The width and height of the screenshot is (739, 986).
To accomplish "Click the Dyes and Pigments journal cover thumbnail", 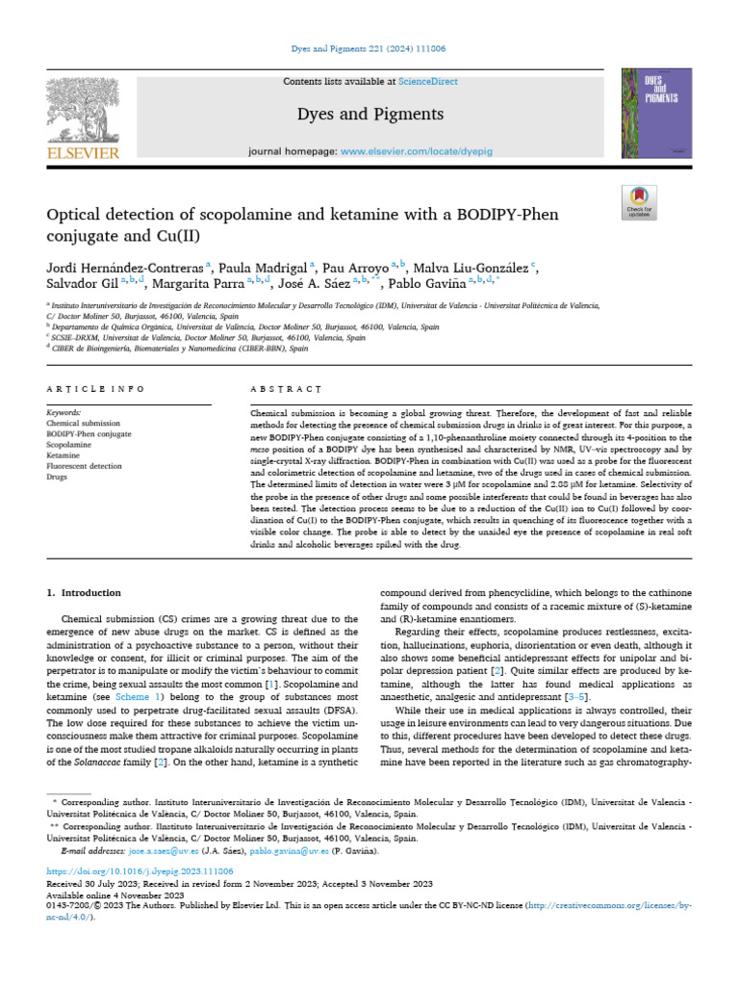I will point(658,112).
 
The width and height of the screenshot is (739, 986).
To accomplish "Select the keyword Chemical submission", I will point(84,423).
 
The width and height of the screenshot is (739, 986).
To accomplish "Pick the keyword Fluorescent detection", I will point(85,466).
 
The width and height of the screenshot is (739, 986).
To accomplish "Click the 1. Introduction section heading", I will point(85,593).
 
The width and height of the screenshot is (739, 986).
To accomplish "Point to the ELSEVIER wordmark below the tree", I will point(83,153).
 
